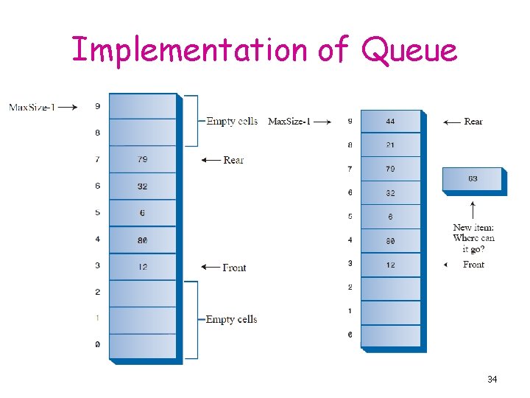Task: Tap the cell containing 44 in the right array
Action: [x=390, y=122]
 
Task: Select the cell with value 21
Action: [x=390, y=145]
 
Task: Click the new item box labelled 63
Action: [x=473, y=179]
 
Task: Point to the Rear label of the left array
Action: [x=233, y=160]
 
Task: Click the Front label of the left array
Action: [x=234, y=268]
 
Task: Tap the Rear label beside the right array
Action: [x=473, y=122]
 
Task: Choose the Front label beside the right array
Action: [x=473, y=265]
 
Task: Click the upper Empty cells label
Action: [x=232, y=121]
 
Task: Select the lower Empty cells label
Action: [x=231, y=319]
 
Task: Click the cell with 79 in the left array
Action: [x=142, y=159]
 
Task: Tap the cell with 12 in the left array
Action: [x=142, y=266]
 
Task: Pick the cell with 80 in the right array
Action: [x=390, y=240]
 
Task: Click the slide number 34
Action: [x=492, y=380]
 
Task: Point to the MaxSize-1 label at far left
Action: [x=32, y=107]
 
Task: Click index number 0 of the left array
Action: [x=97, y=345]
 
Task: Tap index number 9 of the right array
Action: [x=350, y=122]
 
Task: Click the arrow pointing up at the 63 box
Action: [x=473, y=209]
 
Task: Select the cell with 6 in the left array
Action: [x=142, y=213]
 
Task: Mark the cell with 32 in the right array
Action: [x=390, y=193]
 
